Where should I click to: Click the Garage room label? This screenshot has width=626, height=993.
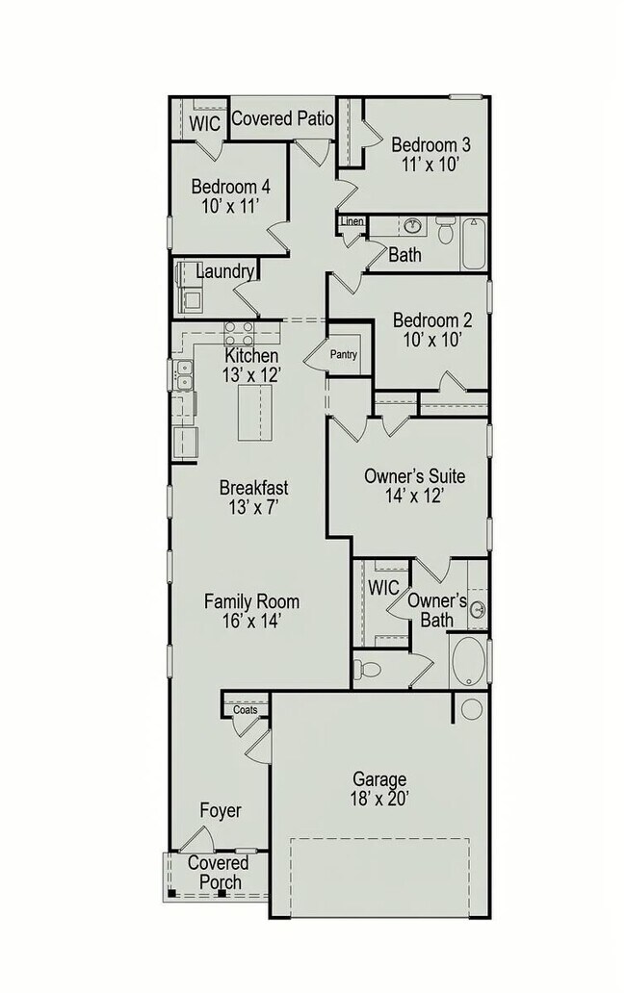point(378,778)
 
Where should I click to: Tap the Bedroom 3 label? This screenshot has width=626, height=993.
point(430,145)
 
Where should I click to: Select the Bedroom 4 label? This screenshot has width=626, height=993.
point(230,186)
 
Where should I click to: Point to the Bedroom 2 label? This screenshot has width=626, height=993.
point(432,320)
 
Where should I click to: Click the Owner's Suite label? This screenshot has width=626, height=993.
point(414,475)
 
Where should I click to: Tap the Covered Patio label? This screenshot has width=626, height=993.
point(282,119)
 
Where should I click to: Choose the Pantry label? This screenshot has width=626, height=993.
point(344,354)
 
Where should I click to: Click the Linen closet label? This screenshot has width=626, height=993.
point(352,223)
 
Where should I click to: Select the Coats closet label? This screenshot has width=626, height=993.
point(245,710)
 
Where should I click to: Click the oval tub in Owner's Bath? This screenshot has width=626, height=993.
point(469,660)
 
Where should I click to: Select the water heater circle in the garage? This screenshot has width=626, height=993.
point(472,710)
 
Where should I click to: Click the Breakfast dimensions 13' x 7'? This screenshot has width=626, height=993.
point(253,507)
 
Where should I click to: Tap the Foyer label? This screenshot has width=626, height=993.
point(221,810)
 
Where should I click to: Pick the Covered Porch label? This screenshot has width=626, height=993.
point(214,873)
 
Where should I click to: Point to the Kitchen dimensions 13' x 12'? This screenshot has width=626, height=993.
point(252,375)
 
